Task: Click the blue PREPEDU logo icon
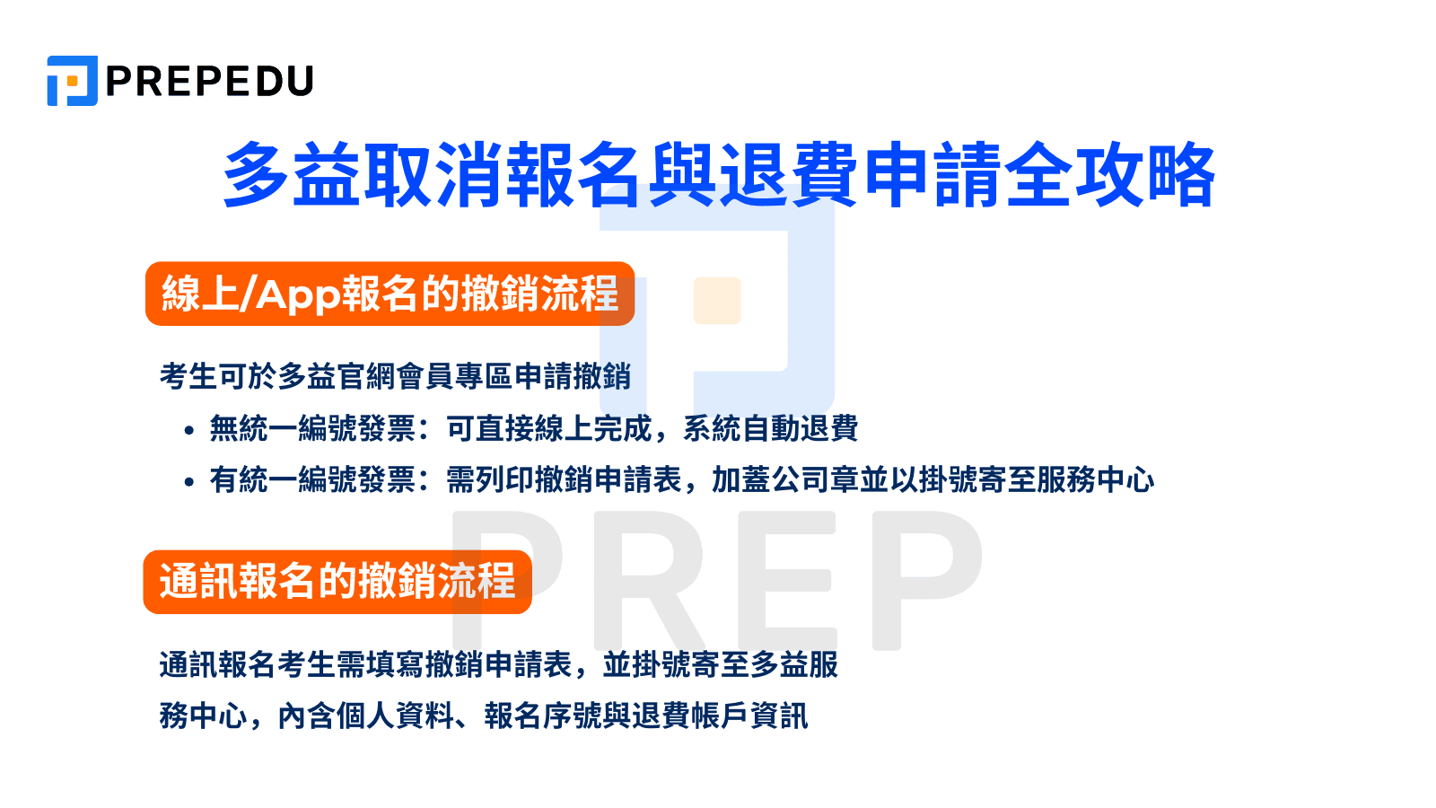72,81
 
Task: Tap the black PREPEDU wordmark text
210,82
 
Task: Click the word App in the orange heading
297,294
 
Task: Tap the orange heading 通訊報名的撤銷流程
337,582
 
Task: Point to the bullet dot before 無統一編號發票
188,431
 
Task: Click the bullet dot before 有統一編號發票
188,482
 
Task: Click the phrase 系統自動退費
770,429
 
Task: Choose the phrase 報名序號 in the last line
543,716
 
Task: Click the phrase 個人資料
394,716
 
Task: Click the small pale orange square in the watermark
717,301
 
